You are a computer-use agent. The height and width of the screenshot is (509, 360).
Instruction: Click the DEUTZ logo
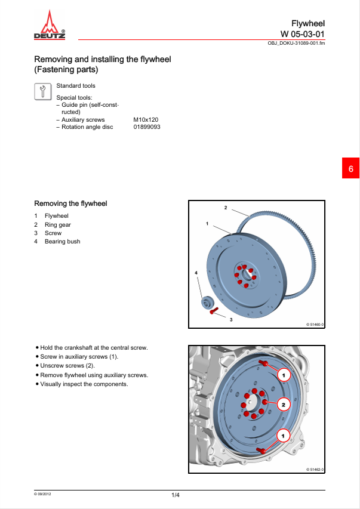[x=50, y=24]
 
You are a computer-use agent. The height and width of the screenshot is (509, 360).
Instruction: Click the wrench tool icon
[x=43, y=91]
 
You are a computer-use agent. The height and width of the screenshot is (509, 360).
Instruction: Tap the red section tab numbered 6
[x=350, y=168]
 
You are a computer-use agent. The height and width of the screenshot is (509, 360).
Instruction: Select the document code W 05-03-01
[x=303, y=34]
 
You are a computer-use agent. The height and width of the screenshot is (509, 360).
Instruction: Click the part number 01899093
[x=147, y=127]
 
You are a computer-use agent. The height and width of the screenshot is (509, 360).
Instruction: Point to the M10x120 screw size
[x=146, y=120]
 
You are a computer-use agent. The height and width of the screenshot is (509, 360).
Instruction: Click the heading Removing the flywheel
[x=70, y=203]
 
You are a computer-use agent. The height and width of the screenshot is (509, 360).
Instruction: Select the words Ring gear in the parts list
[x=58, y=224]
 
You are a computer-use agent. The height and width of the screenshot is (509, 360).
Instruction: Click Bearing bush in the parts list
[x=62, y=242]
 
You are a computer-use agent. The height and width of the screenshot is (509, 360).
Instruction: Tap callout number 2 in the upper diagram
[x=226, y=208]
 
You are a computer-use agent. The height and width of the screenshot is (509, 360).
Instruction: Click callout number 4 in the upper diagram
[x=196, y=273]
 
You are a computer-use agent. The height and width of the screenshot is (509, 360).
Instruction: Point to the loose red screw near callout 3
[x=213, y=311]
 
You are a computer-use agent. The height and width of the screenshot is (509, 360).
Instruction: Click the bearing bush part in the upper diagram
[x=207, y=303]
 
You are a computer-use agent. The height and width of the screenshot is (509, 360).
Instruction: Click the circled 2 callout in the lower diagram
[x=284, y=405]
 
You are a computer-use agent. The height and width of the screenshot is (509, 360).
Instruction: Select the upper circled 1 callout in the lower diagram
[x=284, y=375]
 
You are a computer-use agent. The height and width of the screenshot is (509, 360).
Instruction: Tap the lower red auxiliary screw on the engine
[x=261, y=450]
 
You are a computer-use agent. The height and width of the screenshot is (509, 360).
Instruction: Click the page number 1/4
[x=176, y=495]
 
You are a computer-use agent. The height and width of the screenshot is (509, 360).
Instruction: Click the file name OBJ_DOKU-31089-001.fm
[x=296, y=43]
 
